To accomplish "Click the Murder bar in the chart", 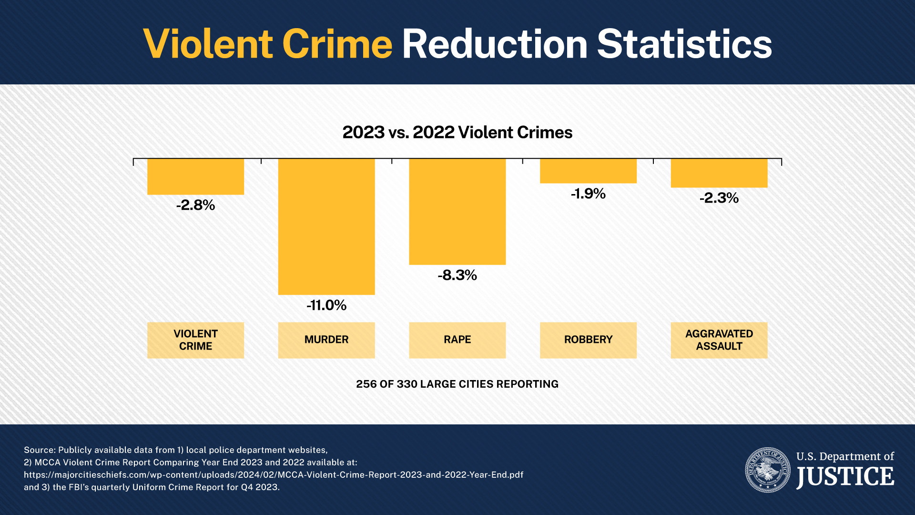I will [326, 227].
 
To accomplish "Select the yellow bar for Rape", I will [457, 212].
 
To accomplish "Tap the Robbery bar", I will [588, 171].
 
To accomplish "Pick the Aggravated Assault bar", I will [719, 173].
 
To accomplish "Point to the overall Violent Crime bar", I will [195, 177].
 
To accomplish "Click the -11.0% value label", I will [326, 305].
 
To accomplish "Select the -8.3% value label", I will [457, 275].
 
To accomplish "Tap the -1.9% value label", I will [588, 194].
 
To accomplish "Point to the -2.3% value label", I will [719, 198].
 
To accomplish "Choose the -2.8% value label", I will [195, 205].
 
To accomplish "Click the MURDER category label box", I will [326, 340].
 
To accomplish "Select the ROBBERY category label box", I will [588, 340].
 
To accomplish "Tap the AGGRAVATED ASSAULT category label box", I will [719, 340].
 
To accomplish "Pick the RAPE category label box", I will [457, 340].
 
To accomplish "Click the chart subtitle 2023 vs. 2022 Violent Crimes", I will [457, 133].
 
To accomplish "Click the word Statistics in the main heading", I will [684, 44].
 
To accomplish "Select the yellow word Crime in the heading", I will [337, 44].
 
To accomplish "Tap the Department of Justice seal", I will [768, 470].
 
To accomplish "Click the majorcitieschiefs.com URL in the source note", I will [274, 475].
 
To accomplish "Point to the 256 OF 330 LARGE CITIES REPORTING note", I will [457, 384].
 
